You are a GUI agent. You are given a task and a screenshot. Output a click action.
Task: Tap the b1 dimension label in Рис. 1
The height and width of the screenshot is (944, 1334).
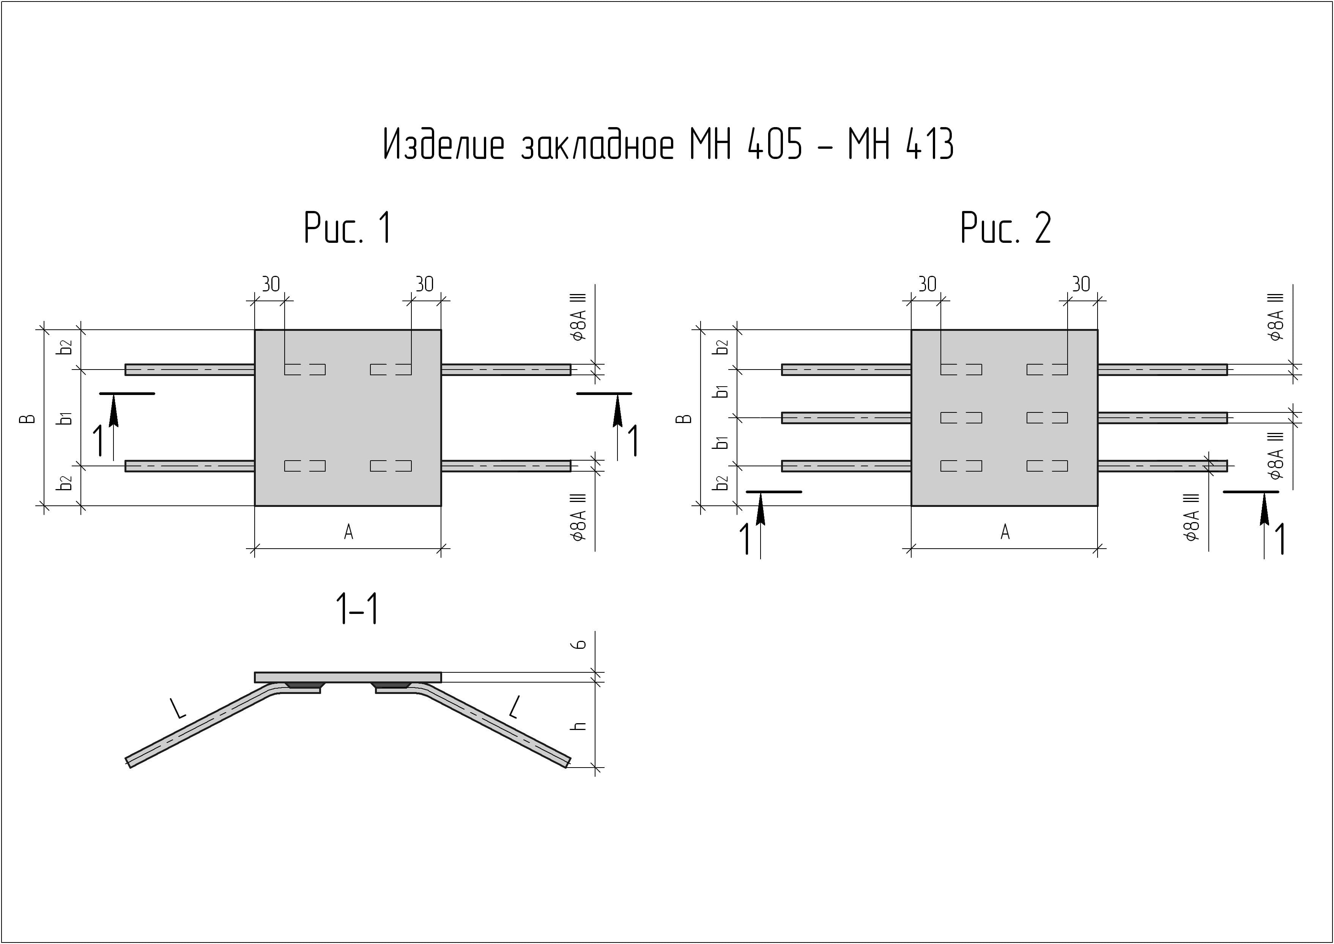(x=66, y=418)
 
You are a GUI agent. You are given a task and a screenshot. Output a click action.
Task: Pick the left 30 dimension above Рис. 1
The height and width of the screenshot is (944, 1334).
(x=270, y=284)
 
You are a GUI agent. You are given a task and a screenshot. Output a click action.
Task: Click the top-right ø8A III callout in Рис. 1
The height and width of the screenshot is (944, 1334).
(x=580, y=317)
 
